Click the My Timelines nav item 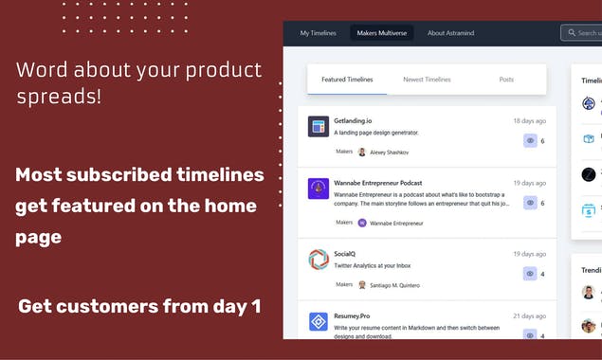tap(319, 33)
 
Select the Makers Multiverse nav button tap(381, 33)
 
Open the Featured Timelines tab tap(347, 80)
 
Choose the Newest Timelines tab tap(427, 80)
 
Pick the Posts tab tap(506, 80)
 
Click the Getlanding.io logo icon tap(319, 126)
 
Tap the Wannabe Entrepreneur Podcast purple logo tap(319, 189)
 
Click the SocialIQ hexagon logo tap(319, 259)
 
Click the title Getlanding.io tap(353, 121)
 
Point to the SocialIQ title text tap(346, 254)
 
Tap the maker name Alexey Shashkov tap(389, 152)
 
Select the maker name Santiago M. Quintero tap(394, 284)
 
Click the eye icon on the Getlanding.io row tap(530, 140)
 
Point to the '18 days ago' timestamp tap(529, 121)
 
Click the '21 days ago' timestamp tap(529, 316)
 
